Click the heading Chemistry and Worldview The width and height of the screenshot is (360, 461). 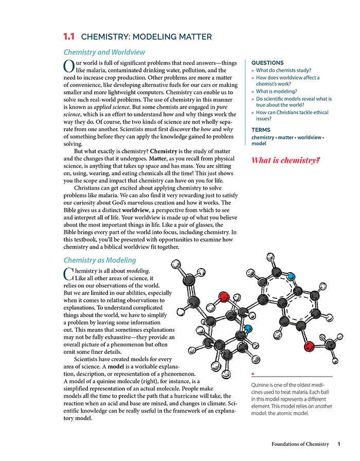pyautogui.click(x=104, y=52)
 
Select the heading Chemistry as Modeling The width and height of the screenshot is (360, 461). pyautogui.click(x=99, y=260)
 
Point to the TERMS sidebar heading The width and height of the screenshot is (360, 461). pyautogui.click(x=261, y=130)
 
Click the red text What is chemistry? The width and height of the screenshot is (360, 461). pyautogui.click(x=285, y=161)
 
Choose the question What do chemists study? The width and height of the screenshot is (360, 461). pyautogui.click(x=283, y=70)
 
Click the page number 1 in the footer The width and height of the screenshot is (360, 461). pyautogui.click(x=339, y=444)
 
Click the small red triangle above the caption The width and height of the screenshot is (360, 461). pyautogui.click(x=252, y=374)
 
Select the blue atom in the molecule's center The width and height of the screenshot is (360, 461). pyautogui.click(x=248, y=329)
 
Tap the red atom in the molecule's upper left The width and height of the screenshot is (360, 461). pyautogui.click(x=223, y=297)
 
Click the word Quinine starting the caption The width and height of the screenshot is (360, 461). pyautogui.click(x=261, y=385)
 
